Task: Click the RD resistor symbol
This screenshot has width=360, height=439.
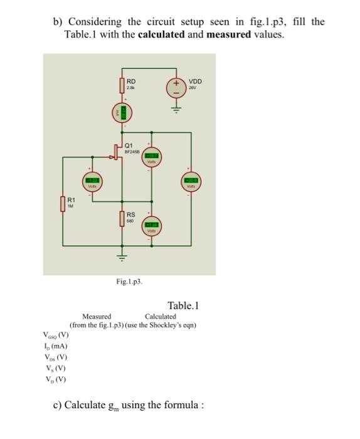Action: pos(123,85)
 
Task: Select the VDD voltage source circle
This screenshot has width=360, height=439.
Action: pos(176,88)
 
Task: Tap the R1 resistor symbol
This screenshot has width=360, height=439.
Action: pos(62,204)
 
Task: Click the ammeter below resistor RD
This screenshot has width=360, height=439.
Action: pos(123,114)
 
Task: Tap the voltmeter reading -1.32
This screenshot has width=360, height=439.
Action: pos(92,182)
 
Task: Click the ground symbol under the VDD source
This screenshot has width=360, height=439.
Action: pos(176,108)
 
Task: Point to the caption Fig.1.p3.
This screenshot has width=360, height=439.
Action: pos(129,282)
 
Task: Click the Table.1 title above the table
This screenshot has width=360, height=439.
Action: pos(183,306)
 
